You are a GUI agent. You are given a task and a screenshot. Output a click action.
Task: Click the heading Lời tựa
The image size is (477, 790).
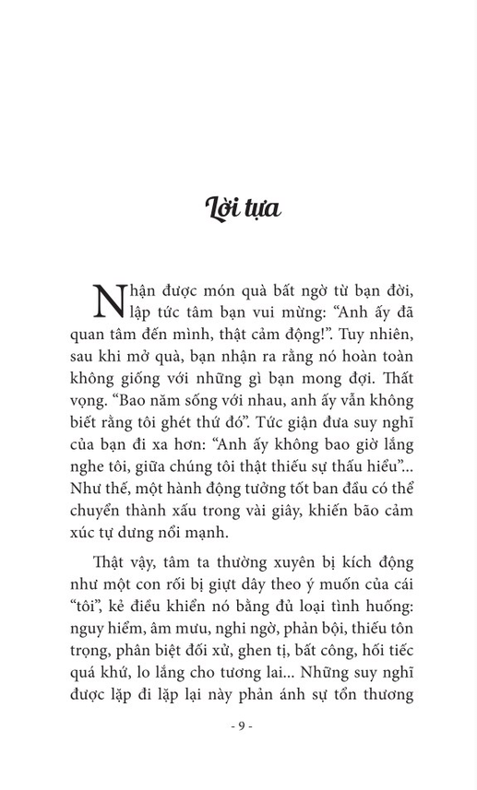(x=242, y=207)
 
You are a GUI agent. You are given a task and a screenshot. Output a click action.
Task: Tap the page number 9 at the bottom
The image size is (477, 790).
(x=241, y=725)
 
